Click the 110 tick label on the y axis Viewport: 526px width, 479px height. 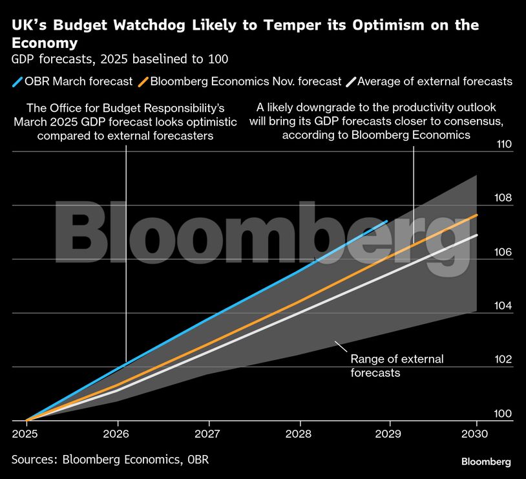[x=503, y=144]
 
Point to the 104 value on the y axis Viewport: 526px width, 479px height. [x=503, y=306]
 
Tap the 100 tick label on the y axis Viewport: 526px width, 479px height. [x=503, y=414]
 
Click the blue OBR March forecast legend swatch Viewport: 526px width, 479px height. [x=17, y=81]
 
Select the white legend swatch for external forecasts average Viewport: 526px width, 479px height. [x=351, y=81]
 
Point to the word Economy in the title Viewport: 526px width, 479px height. [x=45, y=43]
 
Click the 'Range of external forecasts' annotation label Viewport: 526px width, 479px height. [x=396, y=366]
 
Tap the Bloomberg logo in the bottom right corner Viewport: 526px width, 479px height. [x=486, y=462]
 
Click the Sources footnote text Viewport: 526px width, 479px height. [x=110, y=459]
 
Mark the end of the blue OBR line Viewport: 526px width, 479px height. [x=386, y=221]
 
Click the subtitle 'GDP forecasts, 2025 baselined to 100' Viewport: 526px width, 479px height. [x=120, y=59]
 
